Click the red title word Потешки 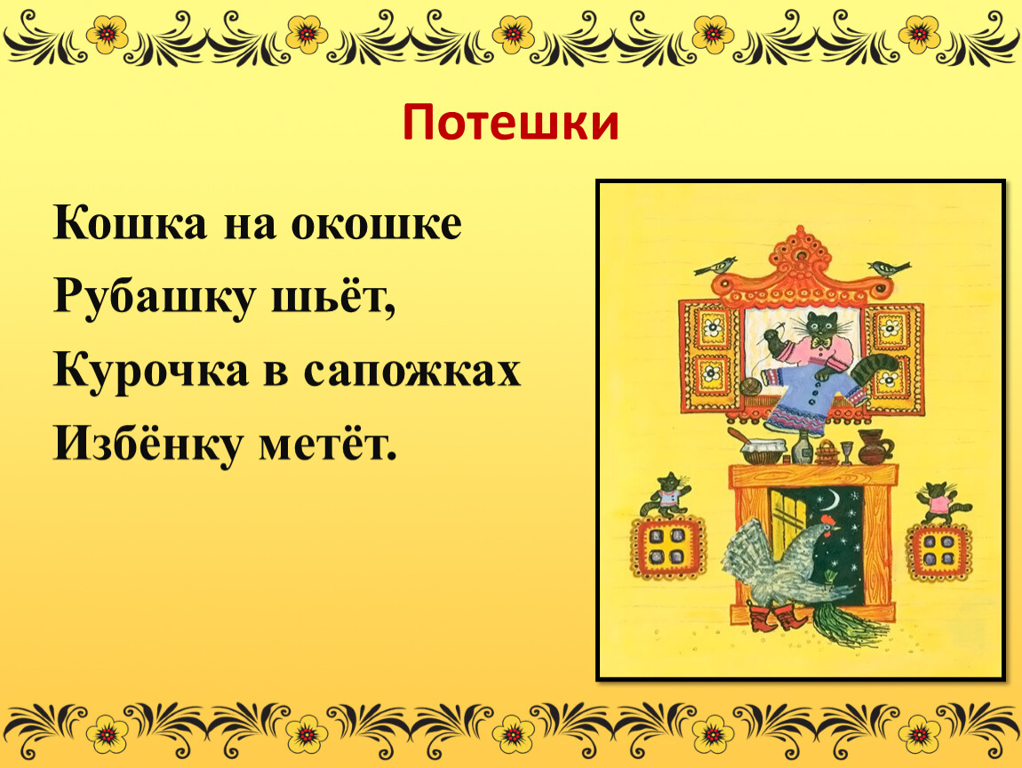[x=510, y=123]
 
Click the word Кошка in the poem [x=131, y=223]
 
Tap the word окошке [x=376, y=223]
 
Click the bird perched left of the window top [x=716, y=266]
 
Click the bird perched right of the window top [x=888, y=268]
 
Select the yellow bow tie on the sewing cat [x=822, y=341]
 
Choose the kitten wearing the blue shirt [x=667, y=495]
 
